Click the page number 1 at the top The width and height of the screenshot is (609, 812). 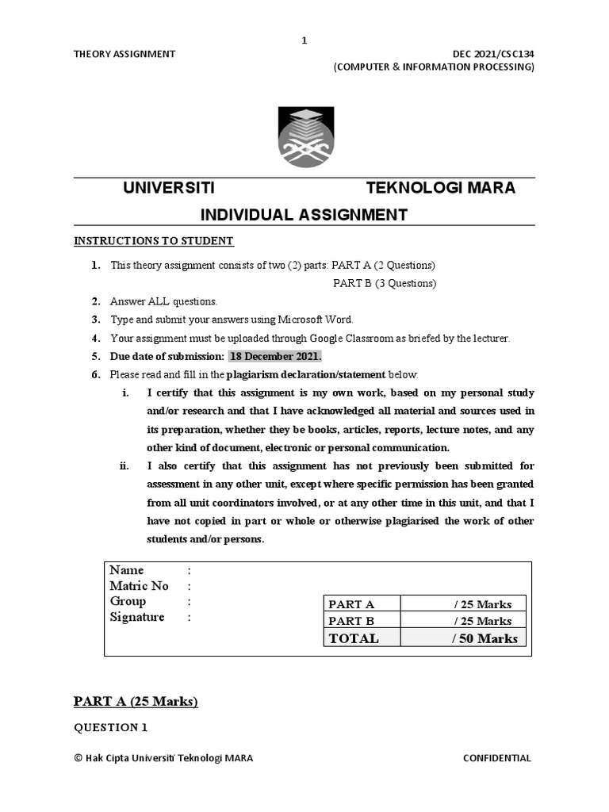304,40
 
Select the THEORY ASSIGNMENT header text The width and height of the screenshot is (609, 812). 124,54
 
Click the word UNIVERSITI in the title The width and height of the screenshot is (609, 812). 168,188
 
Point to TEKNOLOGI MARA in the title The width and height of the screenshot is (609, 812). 440,188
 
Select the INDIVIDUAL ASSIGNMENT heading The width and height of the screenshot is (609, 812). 304,214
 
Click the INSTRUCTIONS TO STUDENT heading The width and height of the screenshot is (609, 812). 154,241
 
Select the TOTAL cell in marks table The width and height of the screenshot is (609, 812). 354,638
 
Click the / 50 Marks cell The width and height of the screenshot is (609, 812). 484,638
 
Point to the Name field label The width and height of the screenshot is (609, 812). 127,570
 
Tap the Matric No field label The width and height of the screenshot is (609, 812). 139,586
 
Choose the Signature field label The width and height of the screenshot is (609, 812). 137,618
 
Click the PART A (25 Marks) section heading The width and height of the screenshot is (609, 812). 136,701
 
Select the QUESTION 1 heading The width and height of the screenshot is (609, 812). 111,727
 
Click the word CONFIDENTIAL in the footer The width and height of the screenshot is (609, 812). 497,758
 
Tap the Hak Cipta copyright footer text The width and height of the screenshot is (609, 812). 163,758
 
